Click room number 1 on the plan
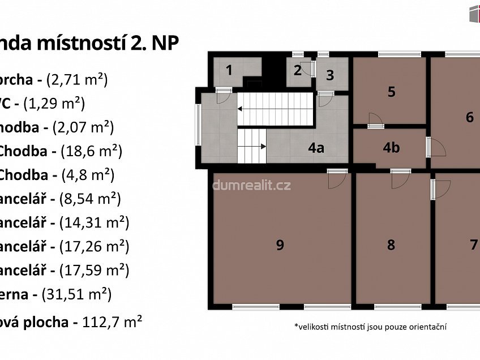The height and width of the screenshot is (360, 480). pyautogui.click(x=229, y=71)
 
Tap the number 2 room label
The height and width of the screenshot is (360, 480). pyautogui.click(x=297, y=71)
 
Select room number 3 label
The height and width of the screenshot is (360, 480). pyautogui.click(x=330, y=75)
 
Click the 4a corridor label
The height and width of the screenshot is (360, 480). pyautogui.click(x=316, y=148)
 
